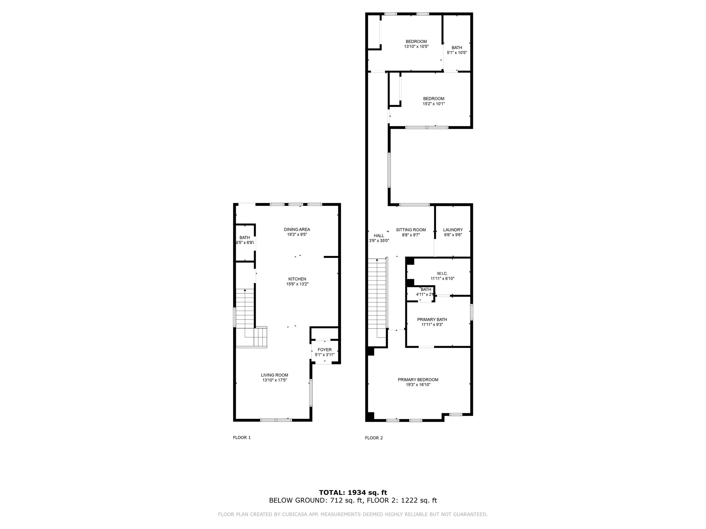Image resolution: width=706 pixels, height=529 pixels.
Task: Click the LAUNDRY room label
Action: (453, 230)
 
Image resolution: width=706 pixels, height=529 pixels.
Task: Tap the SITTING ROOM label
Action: (411, 230)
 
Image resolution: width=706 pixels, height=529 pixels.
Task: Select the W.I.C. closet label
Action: (442, 273)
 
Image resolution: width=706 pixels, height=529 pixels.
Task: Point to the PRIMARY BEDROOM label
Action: (418, 380)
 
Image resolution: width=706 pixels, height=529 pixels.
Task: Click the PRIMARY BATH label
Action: (432, 319)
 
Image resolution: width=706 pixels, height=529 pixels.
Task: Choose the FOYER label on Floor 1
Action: (324, 350)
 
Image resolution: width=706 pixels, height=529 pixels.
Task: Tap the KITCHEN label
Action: (297, 279)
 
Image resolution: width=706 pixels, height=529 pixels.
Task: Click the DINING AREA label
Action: (297, 229)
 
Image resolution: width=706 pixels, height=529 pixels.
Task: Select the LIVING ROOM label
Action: (274, 375)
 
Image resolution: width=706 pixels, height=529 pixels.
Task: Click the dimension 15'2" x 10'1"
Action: (434, 104)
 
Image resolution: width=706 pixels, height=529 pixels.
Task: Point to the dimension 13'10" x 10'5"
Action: (416, 46)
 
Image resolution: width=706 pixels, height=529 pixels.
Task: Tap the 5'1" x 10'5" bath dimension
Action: (457, 53)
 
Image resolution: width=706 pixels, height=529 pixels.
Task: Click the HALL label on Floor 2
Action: (379, 236)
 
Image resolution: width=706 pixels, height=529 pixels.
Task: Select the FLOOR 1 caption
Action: (242, 437)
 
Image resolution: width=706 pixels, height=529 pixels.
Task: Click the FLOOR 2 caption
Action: (374, 438)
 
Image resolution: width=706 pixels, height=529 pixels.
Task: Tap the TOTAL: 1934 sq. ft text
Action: (353, 492)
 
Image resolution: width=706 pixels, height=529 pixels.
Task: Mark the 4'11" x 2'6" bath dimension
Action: (425, 294)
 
